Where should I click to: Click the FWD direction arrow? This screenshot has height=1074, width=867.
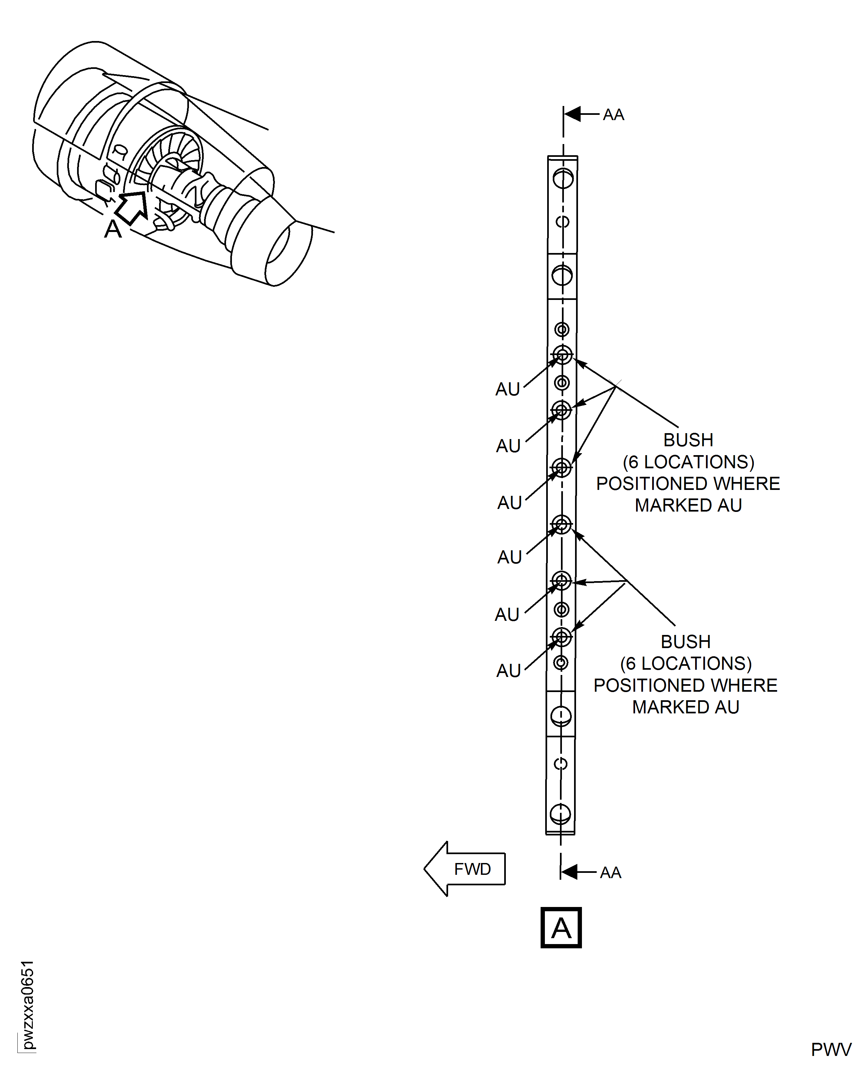coord(465,869)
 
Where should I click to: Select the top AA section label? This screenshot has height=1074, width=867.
coord(613,115)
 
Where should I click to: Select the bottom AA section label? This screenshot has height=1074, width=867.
coord(610,873)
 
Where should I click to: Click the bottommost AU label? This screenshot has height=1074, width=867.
coord(508,671)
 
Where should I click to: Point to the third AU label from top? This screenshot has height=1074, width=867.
coord(509,502)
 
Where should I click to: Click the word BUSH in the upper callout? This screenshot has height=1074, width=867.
coord(688,440)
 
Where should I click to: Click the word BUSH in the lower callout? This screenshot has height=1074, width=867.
coord(686,642)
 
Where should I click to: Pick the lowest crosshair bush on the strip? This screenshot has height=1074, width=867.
coord(561,637)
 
